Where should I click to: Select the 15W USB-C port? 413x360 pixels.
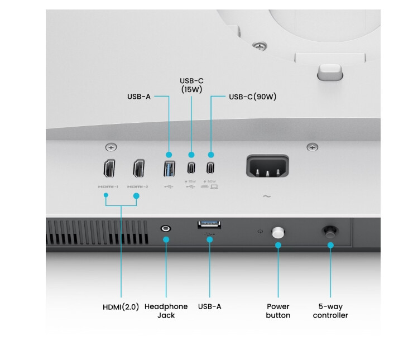click(191, 167)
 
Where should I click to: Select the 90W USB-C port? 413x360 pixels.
click(210, 167)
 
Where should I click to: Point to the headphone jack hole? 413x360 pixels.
click(166, 229)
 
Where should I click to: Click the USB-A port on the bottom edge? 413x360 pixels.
click(209, 224)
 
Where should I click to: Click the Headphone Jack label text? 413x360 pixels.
click(166, 311)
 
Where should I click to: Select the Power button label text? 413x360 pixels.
click(278, 311)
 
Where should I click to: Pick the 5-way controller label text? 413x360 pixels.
click(330, 311)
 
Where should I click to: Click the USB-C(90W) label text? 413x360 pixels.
click(252, 97)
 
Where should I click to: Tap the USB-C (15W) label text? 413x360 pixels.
click(191, 85)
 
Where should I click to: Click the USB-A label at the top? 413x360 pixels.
click(139, 97)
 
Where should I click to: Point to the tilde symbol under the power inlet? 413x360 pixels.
click(266, 196)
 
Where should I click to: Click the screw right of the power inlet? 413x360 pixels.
click(313, 147)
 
